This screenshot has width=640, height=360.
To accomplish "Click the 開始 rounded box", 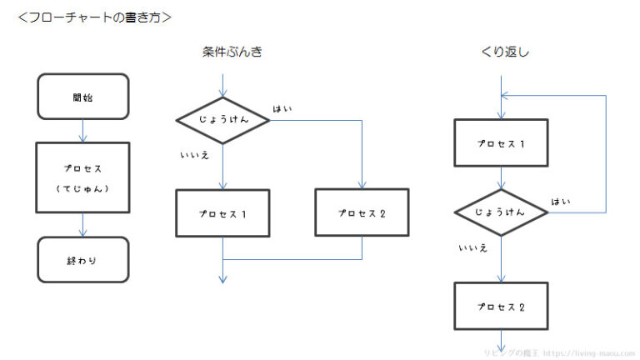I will tap(82, 96).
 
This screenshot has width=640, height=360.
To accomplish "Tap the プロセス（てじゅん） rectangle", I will tap(82, 177).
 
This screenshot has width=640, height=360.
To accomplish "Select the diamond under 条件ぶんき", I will tap(223, 120).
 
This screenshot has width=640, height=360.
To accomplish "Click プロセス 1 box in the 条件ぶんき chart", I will tap(223, 212).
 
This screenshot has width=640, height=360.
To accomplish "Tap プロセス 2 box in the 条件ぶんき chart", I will tap(362, 212).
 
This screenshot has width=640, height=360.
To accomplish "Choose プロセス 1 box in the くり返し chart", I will tap(501, 142).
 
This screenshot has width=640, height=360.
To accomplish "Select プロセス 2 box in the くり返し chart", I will tap(501, 307).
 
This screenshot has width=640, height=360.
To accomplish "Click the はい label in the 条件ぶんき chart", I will tap(282, 109).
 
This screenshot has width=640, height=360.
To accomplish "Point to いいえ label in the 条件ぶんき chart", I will tap(193, 154).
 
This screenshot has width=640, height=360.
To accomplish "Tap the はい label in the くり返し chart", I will tap(560, 202).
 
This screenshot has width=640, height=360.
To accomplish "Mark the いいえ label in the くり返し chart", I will tap(472, 247).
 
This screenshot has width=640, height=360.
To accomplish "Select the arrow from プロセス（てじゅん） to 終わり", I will tap(82, 225).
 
